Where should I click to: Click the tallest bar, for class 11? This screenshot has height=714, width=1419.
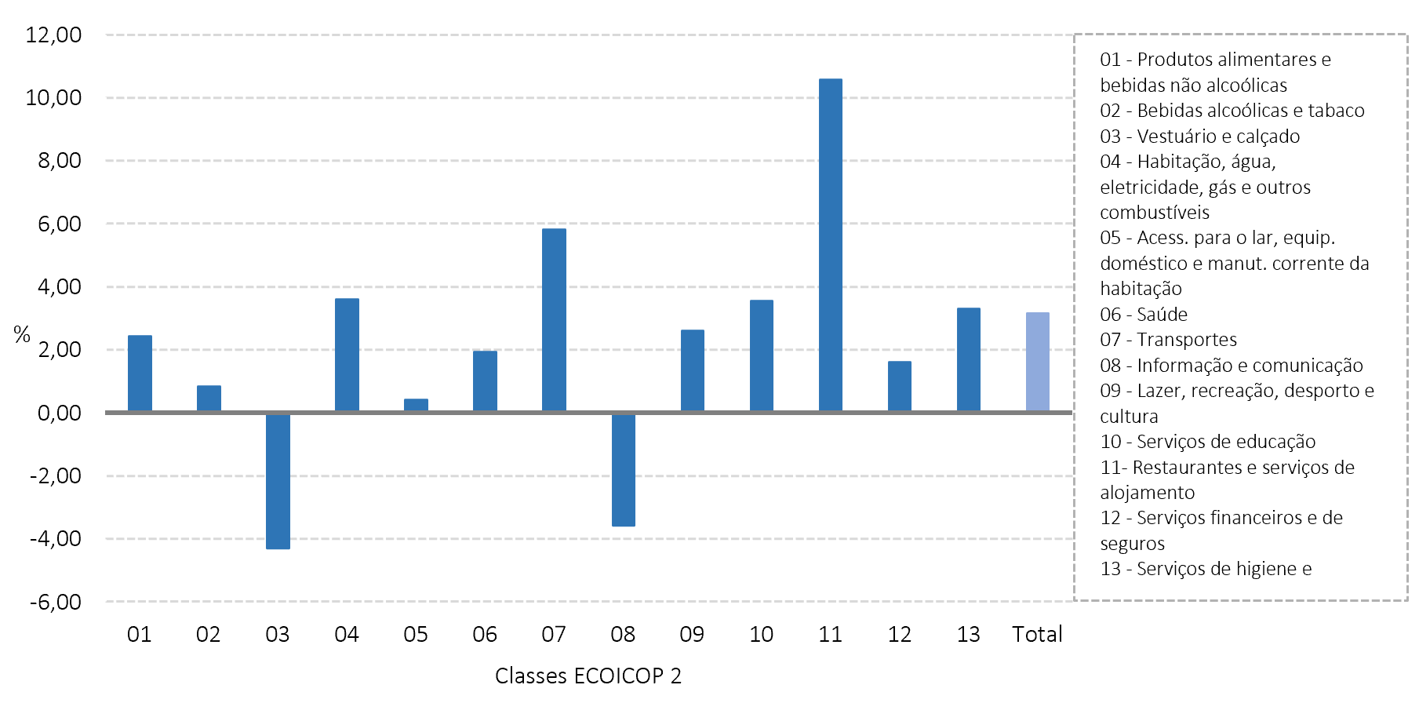pyautogui.click(x=830, y=245)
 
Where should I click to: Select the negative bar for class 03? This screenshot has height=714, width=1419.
pyautogui.click(x=278, y=481)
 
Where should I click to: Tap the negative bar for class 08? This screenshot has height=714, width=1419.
pyautogui.click(x=624, y=469)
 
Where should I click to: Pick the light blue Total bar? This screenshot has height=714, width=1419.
pyautogui.click(x=1037, y=362)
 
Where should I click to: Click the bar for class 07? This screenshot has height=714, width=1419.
pyautogui.click(x=554, y=320)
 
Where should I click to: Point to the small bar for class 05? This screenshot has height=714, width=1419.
pyautogui.click(x=416, y=405)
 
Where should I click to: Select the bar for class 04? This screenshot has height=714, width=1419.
pyautogui.click(x=347, y=355)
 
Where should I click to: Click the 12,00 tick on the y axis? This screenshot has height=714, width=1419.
pyautogui.click(x=53, y=35)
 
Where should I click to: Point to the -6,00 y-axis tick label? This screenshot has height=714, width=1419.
pyautogui.click(x=56, y=602)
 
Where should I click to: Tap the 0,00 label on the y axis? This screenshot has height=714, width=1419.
pyautogui.click(x=60, y=413)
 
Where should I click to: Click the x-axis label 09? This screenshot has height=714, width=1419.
pyautogui.click(x=692, y=634)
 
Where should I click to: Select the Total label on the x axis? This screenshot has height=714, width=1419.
pyautogui.click(x=1037, y=634)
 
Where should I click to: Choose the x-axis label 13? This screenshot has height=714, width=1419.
pyautogui.click(x=969, y=634)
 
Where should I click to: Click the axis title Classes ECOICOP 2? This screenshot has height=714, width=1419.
pyautogui.click(x=588, y=676)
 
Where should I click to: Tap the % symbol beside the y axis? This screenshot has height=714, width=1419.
pyautogui.click(x=22, y=335)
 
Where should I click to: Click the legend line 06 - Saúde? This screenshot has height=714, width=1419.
pyautogui.click(x=1144, y=315)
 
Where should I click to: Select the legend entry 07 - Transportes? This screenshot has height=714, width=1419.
pyautogui.click(x=1168, y=340)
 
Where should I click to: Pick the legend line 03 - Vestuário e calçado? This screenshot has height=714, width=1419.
pyautogui.click(x=1199, y=137)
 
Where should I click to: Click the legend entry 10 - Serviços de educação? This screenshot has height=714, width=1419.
pyautogui.click(x=1207, y=442)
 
